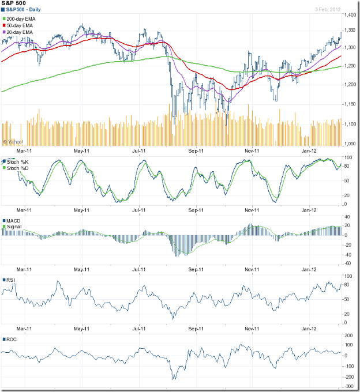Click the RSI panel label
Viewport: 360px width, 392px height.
point(11,280)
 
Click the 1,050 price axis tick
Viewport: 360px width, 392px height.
point(348,144)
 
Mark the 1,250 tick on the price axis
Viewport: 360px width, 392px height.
point(348,66)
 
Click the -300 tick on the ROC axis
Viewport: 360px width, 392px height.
point(347,386)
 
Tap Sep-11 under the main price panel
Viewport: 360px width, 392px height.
point(197,150)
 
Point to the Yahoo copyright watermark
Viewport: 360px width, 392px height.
point(13,141)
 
